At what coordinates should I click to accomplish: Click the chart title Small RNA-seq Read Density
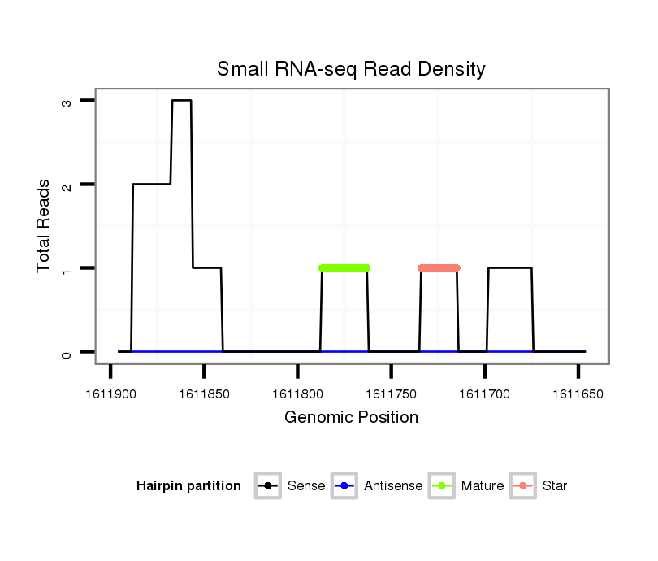point(351,69)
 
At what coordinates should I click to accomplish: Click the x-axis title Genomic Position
point(351,418)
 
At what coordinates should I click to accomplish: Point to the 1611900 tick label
point(110,394)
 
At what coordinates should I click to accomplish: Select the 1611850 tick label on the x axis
point(204,394)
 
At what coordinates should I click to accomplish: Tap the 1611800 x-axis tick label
point(297,394)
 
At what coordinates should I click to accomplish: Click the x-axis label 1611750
point(391,394)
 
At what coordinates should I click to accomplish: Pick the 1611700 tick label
point(485,394)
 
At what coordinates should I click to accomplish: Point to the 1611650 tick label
point(578,394)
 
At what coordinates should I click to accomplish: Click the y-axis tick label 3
point(67,101)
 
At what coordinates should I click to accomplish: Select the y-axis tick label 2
point(67,185)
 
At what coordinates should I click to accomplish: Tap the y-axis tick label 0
point(67,352)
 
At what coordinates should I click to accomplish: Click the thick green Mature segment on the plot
point(344,267)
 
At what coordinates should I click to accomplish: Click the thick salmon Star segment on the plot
point(439,267)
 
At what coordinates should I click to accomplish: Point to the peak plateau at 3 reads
point(181,101)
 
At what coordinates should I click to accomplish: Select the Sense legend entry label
point(306,486)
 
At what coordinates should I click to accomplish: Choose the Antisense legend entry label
point(393,486)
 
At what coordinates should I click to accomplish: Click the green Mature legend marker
point(442,486)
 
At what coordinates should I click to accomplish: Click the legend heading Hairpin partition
point(188,486)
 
